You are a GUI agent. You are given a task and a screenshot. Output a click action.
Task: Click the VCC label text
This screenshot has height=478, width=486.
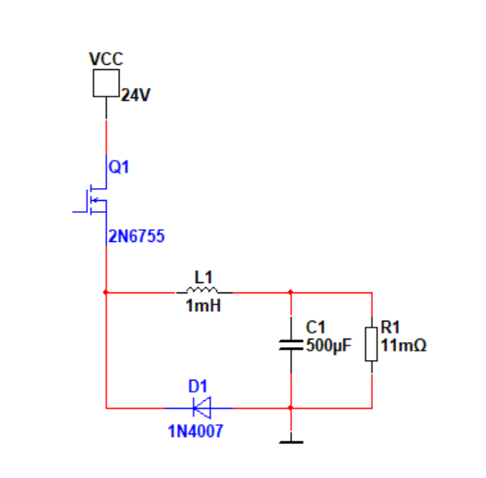(x=106, y=59)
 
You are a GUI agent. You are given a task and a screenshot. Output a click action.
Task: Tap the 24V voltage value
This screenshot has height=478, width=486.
(x=135, y=95)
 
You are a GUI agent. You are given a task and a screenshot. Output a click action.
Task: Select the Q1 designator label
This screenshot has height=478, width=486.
(x=119, y=167)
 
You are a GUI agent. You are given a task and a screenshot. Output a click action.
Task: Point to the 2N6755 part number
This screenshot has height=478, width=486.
(x=136, y=236)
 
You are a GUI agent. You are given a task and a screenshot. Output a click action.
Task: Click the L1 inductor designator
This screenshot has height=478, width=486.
(x=204, y=277)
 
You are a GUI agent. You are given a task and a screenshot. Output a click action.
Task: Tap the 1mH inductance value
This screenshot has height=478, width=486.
(x=204, y=305)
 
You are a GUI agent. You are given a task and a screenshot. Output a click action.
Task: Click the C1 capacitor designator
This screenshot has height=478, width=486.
(x=315, y=328)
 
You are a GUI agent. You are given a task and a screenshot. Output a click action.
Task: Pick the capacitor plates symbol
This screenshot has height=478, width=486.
(x=291, y=345)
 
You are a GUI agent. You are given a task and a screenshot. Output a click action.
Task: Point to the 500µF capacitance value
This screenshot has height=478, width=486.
(x=329, y=345)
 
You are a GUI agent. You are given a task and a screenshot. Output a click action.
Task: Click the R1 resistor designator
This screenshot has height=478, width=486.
(x=390, y=328)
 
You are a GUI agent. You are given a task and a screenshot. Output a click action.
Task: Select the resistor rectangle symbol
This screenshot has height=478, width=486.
(x=371, y=344)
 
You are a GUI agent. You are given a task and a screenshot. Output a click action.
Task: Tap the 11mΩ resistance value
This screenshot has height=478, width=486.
(x=404, y=345)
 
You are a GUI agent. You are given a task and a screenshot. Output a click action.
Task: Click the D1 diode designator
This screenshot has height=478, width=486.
(x=198, y=387)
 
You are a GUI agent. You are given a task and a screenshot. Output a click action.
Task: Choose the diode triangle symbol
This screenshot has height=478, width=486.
(x=202, y=408)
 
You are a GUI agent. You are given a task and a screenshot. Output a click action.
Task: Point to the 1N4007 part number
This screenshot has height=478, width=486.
(x=195, y=431)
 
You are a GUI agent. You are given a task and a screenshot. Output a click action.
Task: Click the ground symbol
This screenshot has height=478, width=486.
(x=291, y=442)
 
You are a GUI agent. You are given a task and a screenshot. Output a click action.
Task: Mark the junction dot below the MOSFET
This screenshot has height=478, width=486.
(x=106, y=292)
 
